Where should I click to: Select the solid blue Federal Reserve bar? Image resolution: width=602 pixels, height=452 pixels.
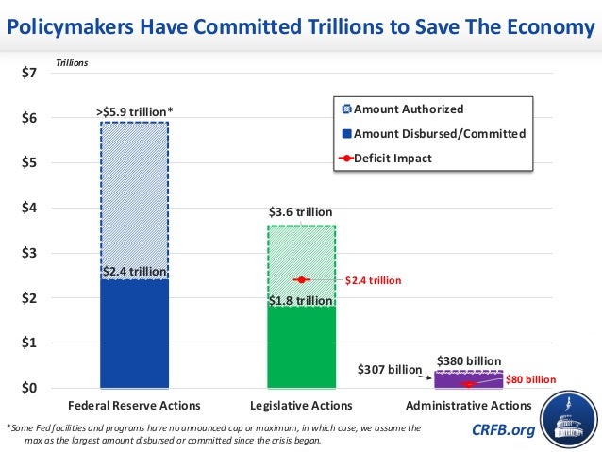point(135,335)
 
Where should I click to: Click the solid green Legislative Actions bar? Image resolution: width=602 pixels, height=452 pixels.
point(301,346)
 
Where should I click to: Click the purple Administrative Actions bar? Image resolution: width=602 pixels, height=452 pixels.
point(467,381)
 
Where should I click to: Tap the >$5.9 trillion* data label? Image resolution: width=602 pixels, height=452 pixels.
point(135,112)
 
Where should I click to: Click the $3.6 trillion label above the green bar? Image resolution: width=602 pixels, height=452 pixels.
point(301,213)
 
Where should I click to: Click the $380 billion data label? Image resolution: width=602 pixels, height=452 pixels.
point(468,360)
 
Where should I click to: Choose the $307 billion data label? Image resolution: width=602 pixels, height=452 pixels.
point(389,370)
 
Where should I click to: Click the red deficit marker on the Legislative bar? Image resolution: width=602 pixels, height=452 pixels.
point(301,280)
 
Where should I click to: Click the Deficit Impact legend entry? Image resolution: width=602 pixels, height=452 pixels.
point(393,158)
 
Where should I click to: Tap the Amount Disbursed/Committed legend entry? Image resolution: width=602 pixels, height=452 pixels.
point(439,134)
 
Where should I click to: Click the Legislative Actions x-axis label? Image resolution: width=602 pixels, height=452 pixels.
point(301,406)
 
